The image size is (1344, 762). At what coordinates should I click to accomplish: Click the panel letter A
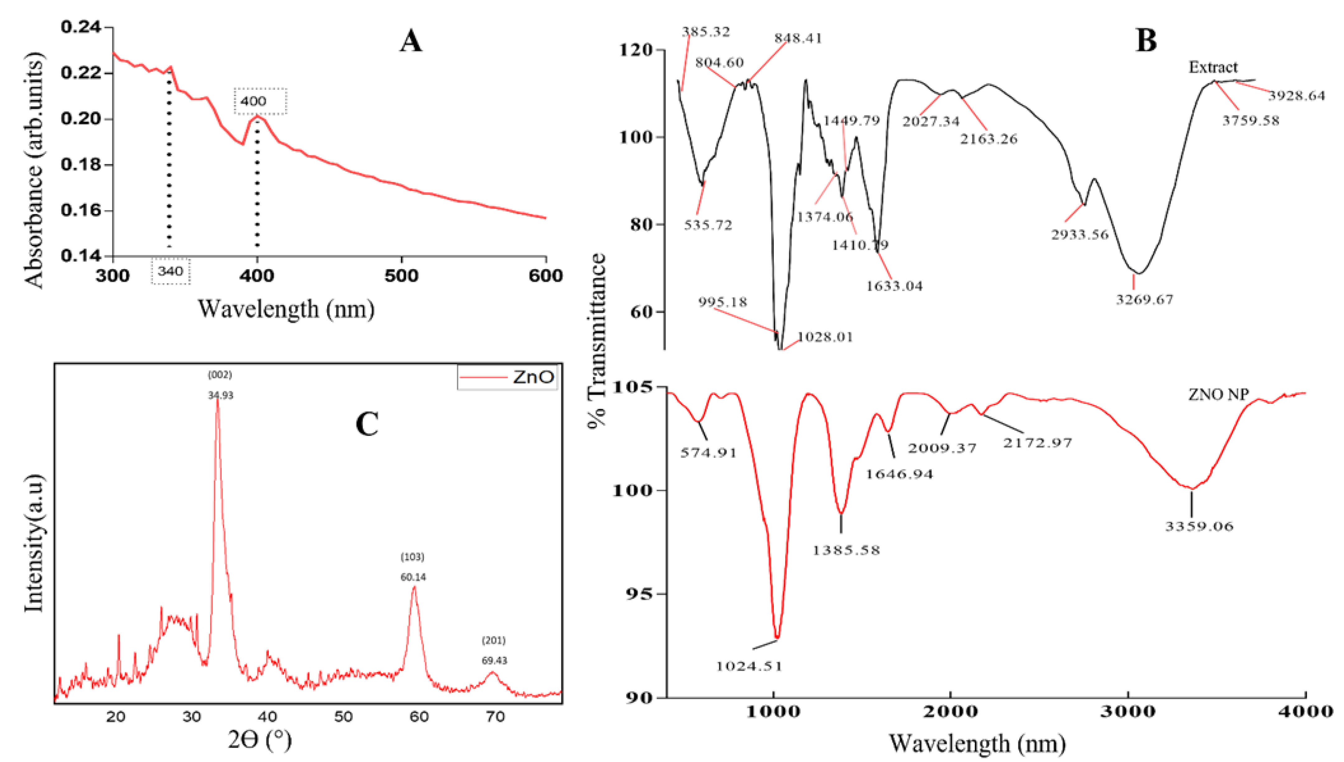tap(411, 41)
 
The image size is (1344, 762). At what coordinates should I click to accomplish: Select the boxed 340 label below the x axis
tap(171, 271)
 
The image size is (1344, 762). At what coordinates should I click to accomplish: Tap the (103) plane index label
tap(412, 557)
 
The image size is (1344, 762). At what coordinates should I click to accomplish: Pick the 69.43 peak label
tap(494, 661)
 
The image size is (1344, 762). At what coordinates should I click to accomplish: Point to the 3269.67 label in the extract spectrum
tap(1144, 300)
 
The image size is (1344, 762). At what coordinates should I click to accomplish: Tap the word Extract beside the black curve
tap(1213, 67)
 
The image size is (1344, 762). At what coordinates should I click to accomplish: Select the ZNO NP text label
tap(1218, 395)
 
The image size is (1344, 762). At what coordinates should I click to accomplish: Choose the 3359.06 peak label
tap(1199, 526)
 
